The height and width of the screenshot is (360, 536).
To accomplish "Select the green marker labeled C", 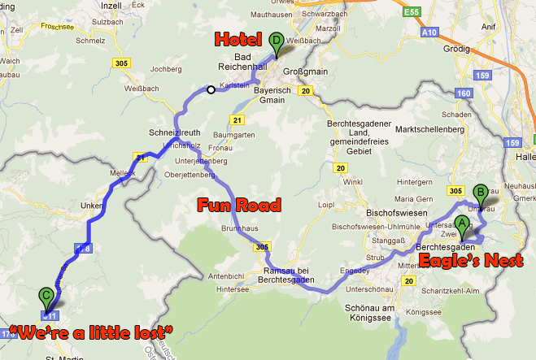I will (x=47, y=296).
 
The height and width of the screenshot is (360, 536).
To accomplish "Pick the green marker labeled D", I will (x=277, y=41).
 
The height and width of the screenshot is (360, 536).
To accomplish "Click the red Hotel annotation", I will (x=237, y=39).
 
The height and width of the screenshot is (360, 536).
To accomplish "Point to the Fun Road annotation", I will (x=239, y=203).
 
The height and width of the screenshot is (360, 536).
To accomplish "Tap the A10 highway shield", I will (x=431, y=33).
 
